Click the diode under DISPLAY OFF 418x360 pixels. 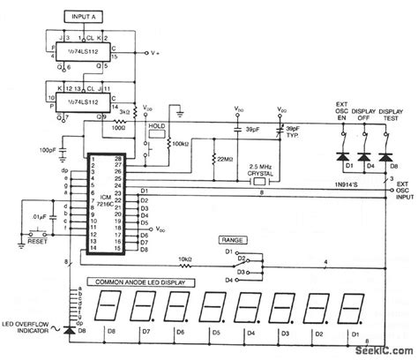coord(362,154)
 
